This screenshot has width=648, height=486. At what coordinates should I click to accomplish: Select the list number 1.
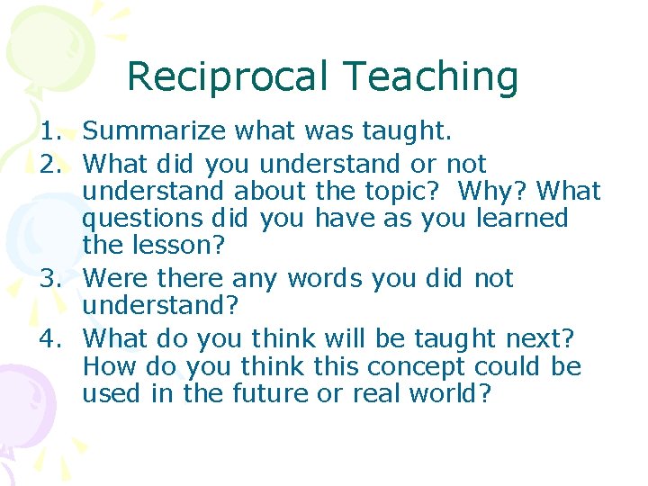coord(51,132)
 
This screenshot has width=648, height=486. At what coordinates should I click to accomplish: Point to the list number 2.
coord(51,164)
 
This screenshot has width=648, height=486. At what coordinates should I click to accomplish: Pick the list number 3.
coord(51,279)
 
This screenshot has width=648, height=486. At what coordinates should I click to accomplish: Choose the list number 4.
coord(51,339)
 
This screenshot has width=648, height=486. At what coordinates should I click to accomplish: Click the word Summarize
coord(155,132)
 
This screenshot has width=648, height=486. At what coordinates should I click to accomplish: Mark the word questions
coord(143,219)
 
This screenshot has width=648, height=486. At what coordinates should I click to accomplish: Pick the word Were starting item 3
coord(112,279)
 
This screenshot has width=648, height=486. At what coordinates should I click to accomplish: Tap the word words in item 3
coord(337,279)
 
